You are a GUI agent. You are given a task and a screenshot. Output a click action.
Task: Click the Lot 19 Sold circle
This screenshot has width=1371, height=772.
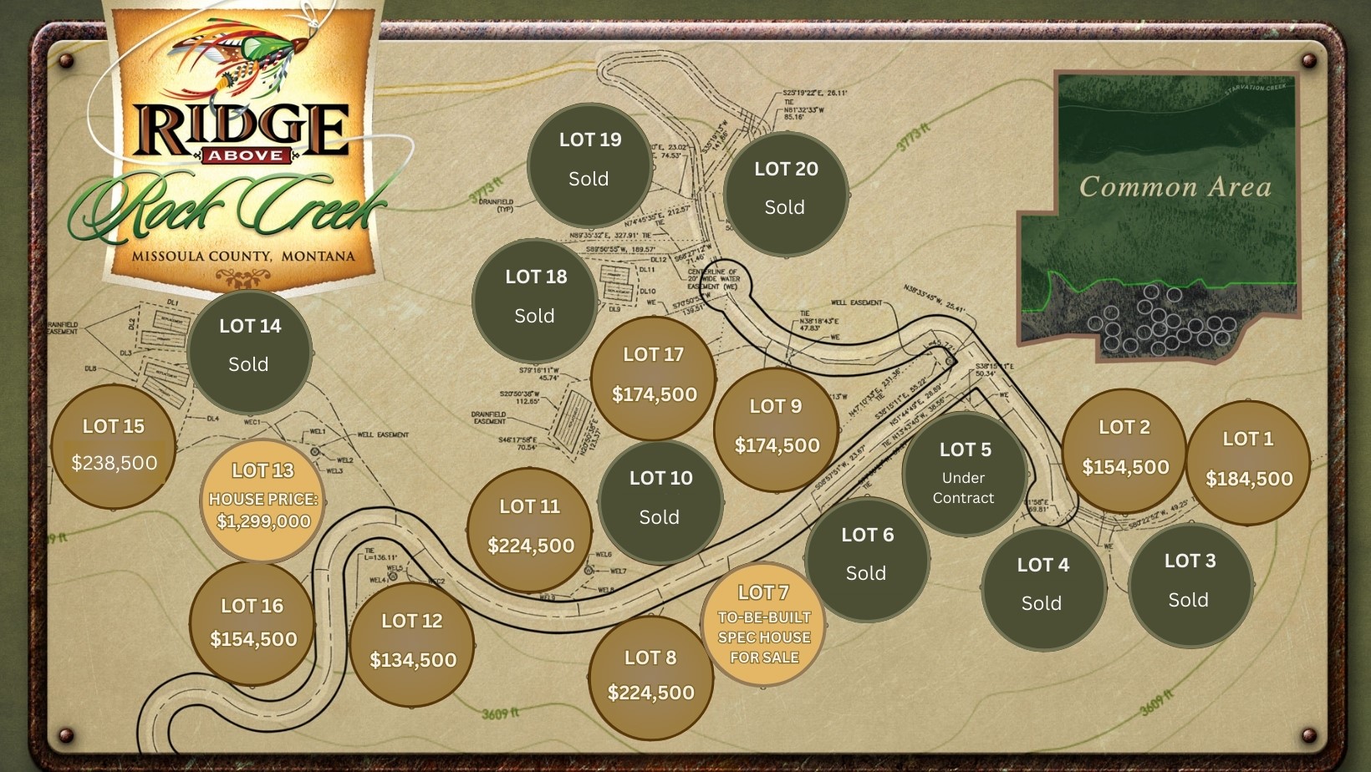(x=589, y=165)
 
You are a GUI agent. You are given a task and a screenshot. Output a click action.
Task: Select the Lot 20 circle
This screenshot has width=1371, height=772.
(x=786, y=193)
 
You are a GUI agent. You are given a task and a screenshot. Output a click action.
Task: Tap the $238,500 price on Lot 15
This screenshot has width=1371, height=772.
(x=115, y=463)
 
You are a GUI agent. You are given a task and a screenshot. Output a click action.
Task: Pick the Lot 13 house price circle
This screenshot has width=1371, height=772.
(x=262, y=500)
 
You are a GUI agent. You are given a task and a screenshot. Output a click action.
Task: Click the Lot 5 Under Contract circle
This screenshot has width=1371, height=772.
(x=964, y=474)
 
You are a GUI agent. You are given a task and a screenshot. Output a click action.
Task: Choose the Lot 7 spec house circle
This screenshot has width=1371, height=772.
(x=763, y=625)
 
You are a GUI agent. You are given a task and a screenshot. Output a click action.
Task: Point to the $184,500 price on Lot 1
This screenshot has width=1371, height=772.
(x=1249, y=479)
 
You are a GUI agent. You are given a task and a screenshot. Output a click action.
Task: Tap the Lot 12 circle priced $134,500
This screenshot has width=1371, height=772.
(x=412, y=644)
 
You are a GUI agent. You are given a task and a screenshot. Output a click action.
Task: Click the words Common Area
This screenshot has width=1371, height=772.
(x=1175, y=186)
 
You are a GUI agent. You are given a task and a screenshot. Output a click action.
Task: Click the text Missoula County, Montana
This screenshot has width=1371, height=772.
(x=243, y=256)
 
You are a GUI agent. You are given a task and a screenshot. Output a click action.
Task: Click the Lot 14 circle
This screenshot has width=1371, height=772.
(x=249, y=350)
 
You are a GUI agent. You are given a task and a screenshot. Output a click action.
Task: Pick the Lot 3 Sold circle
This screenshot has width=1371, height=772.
(x=1190, y=584)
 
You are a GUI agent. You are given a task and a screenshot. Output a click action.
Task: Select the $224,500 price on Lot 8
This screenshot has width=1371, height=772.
(x=651, y=693)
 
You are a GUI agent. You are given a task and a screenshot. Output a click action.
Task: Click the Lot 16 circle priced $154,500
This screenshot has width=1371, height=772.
(x=252, y=624)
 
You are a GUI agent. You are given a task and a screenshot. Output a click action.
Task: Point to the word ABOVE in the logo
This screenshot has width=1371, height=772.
(x=245, y=155)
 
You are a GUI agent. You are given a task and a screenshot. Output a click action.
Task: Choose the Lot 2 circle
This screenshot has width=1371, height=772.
(x=1124, y=451)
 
